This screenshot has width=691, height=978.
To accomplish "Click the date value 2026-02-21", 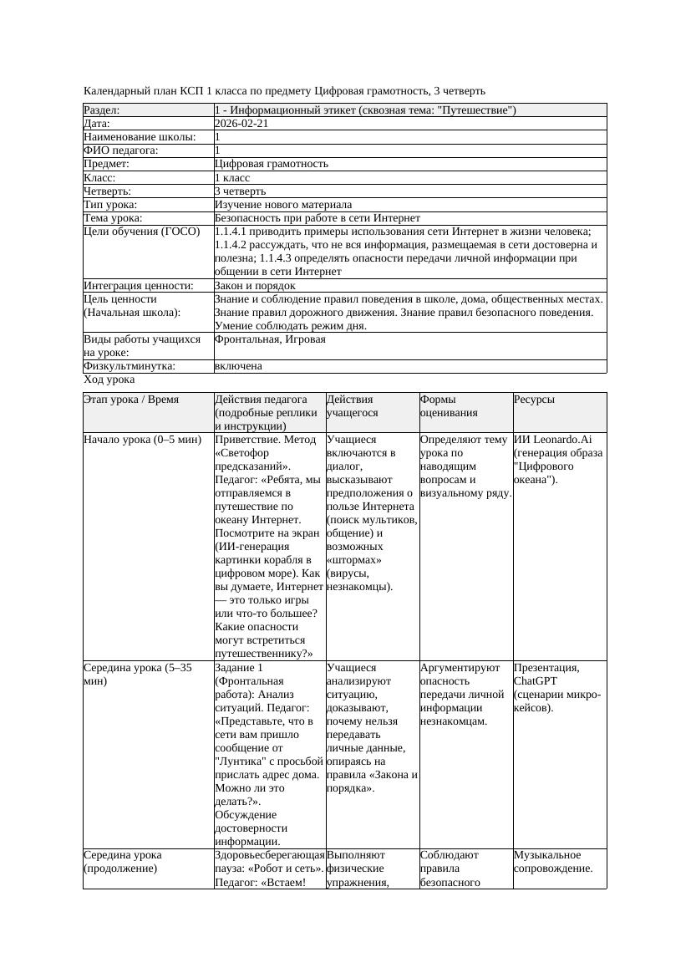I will click(x=241, y=124).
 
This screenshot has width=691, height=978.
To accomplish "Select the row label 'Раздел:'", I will click(x=102, y=110).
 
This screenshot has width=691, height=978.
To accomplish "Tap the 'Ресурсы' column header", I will click(x=535, y=400).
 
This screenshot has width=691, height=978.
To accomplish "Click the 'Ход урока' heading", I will click(x=109, y=379).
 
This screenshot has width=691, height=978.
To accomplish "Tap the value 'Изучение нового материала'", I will click(x=282, y=205).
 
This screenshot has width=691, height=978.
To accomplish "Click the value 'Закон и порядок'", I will click(x=255, y=286).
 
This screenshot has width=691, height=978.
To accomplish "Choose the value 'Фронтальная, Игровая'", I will click(x=270, y=339).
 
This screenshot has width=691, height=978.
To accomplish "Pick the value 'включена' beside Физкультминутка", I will click(x=238, y=366).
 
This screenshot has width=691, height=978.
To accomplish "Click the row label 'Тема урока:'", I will click(x=114, y=218).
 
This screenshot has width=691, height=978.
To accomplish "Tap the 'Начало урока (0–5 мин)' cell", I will click(x=143, y=439).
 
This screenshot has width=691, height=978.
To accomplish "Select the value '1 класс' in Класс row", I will click(x=232, y=178).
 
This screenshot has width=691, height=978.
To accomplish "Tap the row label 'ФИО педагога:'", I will click(x=121, y=150).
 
